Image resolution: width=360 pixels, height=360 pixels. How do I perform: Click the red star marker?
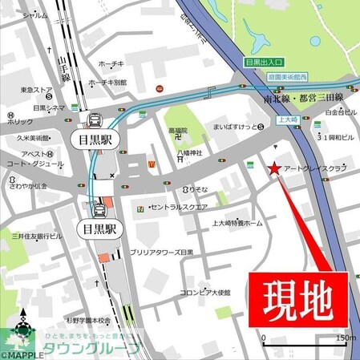pyautogui.click(x=275, y=168)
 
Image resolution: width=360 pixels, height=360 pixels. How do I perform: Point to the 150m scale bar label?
pyautogui.click(x=346, y=337)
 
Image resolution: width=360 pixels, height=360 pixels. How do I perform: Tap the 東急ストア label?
pyautogui.click(x=36, y=90)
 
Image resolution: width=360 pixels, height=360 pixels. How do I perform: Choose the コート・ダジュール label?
pyautogui.click(x=35, y=165)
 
